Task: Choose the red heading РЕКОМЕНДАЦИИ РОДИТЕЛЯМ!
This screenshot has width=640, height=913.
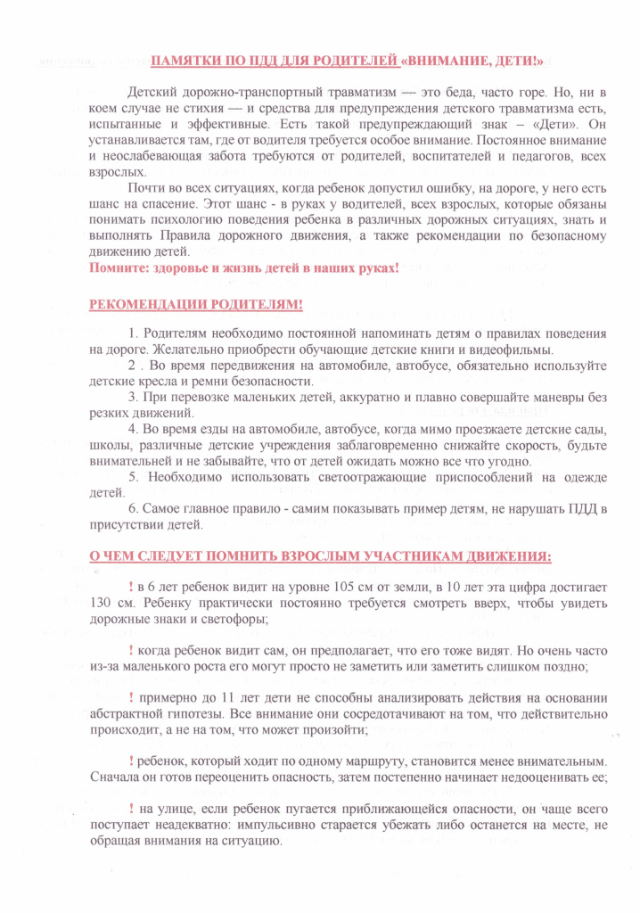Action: tap(196, 305)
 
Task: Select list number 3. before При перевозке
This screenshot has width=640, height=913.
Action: tap(133, 397)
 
